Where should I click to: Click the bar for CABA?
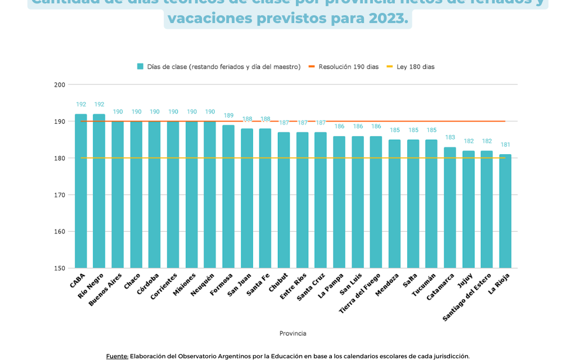81,191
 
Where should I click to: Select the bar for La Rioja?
505,211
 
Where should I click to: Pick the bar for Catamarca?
450,208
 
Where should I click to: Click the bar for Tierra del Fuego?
376,202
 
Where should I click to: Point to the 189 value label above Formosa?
228,115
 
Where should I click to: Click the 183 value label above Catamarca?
450,137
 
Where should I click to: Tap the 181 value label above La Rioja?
505,145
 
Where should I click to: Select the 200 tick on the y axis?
59,85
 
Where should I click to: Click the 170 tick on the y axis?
59,195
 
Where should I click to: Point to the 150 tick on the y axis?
59,268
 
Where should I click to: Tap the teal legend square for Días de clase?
140,66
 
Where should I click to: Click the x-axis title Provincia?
292,334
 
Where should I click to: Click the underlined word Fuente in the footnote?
117,356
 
